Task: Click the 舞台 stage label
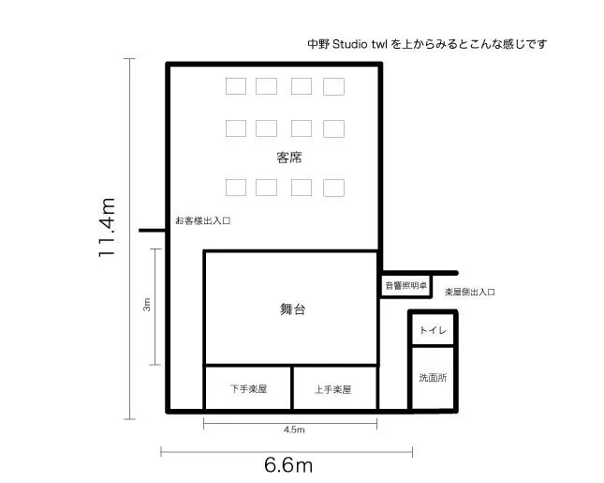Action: point(293,309)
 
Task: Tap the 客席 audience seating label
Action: point(289,158)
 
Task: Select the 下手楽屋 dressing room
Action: point(248,387)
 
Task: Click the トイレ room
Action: point(433,330)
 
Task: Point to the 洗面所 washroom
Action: point(433,378)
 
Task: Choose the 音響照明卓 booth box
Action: point(406,286)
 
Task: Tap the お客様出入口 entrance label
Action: point(202,221)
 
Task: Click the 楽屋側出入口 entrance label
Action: point(470,292)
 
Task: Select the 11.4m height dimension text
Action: point(107,227)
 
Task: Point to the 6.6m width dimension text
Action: point(288,465)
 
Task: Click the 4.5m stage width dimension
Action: point(294,430)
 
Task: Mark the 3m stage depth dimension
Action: point(147,305)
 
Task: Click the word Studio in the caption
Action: point(350,44)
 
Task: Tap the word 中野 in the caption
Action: point(318,44)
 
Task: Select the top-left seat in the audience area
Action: point(236,86)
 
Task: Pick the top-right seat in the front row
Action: point(333,86)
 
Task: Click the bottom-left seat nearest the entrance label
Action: point(236,188)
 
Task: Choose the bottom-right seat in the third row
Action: point(333,188)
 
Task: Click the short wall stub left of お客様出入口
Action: point(153,231)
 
